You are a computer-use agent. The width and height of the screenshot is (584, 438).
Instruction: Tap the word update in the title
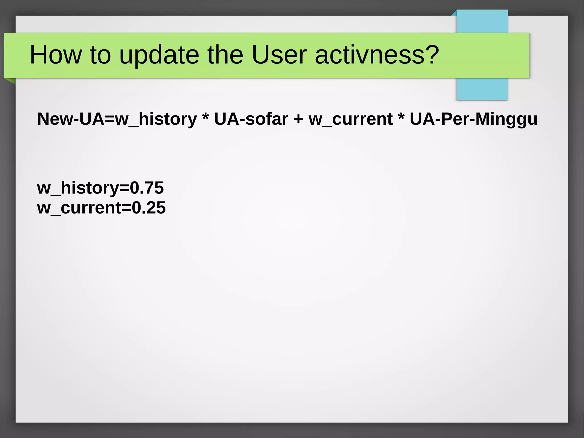(159, 55)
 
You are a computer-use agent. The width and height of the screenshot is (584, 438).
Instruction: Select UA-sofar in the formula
(251, 119)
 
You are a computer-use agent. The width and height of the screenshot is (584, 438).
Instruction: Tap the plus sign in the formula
(298, 119)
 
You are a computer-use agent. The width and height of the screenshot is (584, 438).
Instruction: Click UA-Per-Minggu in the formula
(473, 119)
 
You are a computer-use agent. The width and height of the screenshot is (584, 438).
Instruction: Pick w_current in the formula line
(350, 119)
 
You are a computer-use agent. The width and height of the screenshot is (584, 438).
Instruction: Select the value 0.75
(147, 188)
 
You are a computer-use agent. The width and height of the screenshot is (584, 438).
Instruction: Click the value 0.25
(149, 207)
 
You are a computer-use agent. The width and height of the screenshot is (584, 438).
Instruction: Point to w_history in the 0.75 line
(78, 188)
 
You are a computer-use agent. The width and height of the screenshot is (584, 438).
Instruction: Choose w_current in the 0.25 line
(79, 208)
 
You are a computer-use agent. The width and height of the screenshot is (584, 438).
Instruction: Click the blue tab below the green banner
(482, 89)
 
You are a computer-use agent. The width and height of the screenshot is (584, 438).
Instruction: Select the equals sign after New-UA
(110, 119)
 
